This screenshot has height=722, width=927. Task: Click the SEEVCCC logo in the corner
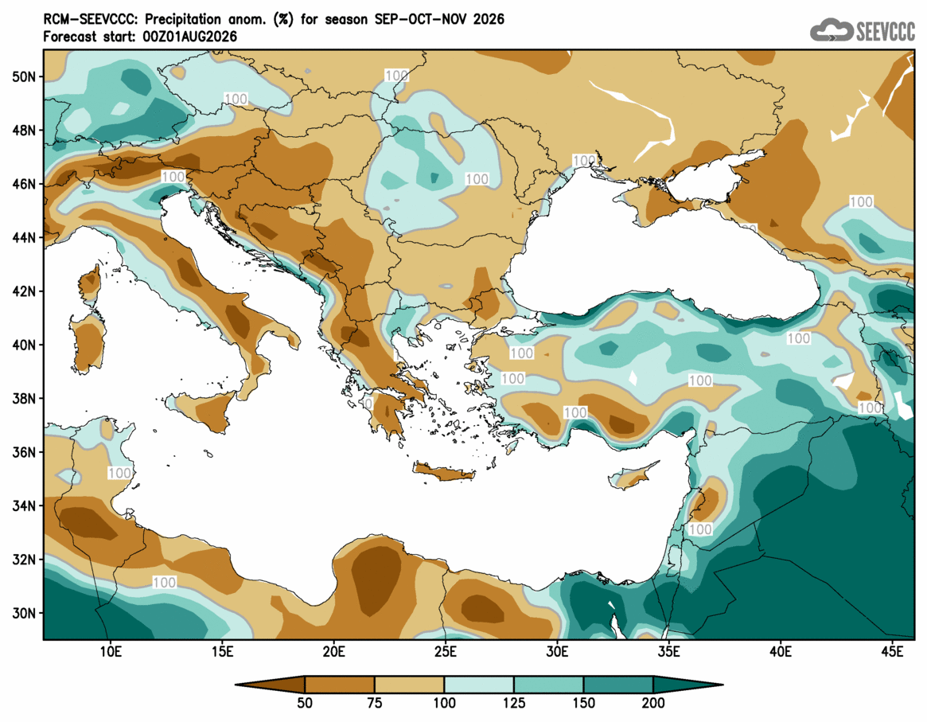862,30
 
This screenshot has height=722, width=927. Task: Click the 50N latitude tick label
24,77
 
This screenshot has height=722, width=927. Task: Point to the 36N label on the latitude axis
24,452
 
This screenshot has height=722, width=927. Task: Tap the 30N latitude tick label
24,613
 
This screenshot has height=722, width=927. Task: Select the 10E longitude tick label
110,652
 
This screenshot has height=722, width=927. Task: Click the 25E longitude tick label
445,652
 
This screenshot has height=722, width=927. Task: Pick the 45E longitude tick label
892,652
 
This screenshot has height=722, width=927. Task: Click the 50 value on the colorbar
305,703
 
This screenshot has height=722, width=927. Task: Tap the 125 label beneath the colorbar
514,703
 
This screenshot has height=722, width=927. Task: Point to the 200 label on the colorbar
653,703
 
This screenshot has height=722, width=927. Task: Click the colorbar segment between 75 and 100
409,685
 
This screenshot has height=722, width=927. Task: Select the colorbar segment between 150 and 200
618,685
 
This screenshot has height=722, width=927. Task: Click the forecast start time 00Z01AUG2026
189,37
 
